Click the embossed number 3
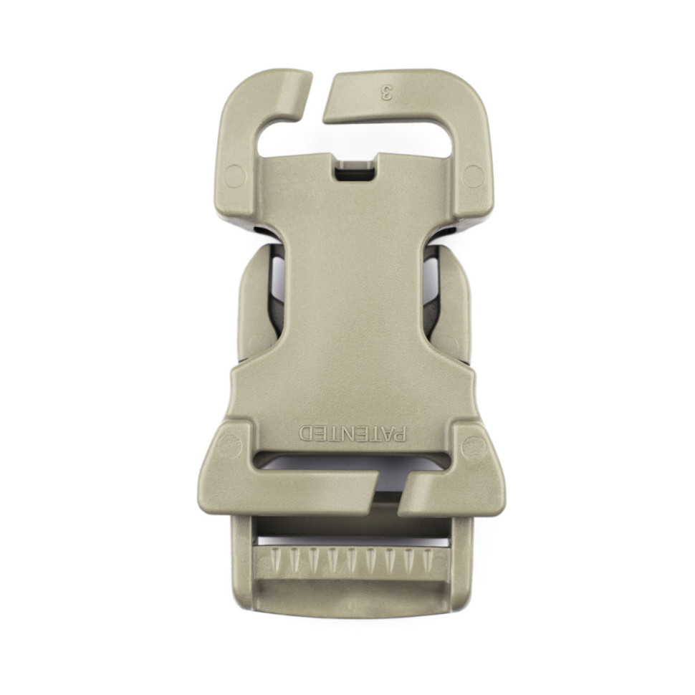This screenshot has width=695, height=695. tap(388, 93)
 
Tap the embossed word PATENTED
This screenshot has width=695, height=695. tap(352, 433)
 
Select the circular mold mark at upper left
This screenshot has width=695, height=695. tap(234, 176)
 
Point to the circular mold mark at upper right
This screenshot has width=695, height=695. tap(474, 176)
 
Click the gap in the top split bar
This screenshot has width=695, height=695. tap(317, 98)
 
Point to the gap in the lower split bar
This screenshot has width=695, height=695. tap(389, 493)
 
